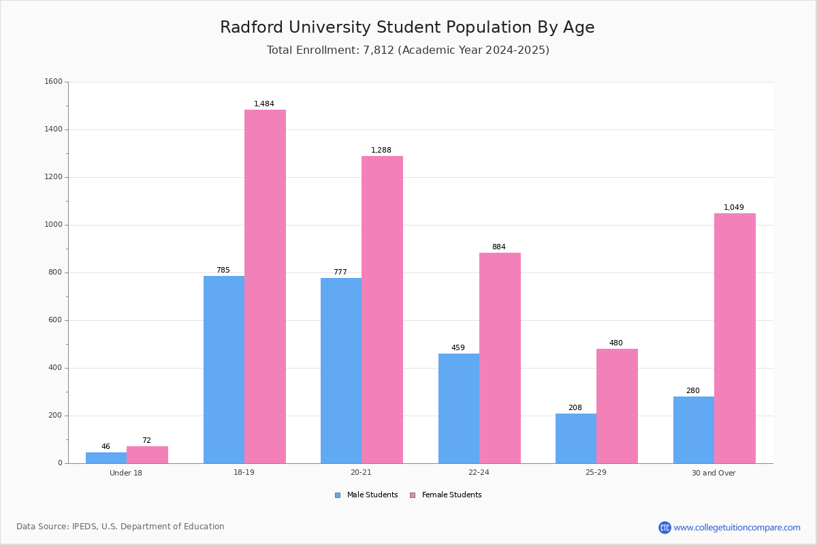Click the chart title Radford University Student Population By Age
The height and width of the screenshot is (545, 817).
[x=407, y=28]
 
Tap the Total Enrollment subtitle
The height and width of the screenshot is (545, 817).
[x=408, y=50]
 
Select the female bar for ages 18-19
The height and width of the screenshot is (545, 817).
[x=265, y=286]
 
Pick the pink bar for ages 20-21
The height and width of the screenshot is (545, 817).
[x=382, y=310]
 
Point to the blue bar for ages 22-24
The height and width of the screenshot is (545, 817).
[x=459, y=408]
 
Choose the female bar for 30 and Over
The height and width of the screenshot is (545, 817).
[x=735, y=339]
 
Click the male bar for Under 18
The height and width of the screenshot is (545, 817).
[x=106, y=458]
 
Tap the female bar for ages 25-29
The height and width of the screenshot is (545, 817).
[x=617, y=406]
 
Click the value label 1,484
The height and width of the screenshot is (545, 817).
[x=264, y=104]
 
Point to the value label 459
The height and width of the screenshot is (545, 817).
[x=458, y=348]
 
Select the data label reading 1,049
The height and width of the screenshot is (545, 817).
[x=734, y=208]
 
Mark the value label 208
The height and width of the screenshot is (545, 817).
[x=575, y=408]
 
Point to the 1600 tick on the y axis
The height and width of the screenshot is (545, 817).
[x=53, y=82]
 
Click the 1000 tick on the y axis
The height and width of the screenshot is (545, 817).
[x=53, y=225]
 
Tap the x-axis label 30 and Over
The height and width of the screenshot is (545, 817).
[x=714, y=473]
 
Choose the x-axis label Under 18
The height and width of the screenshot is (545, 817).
[x=126, y=473]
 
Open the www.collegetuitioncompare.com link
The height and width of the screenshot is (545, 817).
[x=737, y=527]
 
